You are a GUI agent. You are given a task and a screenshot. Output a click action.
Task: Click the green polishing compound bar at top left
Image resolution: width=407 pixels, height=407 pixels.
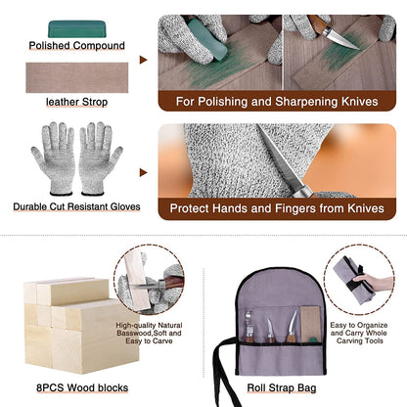(77, 29)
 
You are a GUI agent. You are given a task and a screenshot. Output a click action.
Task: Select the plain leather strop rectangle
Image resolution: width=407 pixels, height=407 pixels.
(77, 77)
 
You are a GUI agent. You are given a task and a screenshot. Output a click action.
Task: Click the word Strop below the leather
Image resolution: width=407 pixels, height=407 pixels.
(95, 102)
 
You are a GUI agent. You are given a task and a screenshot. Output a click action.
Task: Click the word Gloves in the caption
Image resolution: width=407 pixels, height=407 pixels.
(125, 206)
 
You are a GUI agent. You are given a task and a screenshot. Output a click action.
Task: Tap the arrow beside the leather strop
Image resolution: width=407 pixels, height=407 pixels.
(143, 60)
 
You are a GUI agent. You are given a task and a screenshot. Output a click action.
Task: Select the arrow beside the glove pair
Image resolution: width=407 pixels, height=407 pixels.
(143, 172)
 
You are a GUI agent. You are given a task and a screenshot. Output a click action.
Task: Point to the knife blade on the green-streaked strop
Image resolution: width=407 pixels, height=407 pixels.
(341, 39)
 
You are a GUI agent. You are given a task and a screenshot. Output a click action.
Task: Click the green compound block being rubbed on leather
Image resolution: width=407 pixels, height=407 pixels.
(206, 38)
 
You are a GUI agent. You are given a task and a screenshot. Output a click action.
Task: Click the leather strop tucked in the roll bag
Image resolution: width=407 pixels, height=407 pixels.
(311, 324)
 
